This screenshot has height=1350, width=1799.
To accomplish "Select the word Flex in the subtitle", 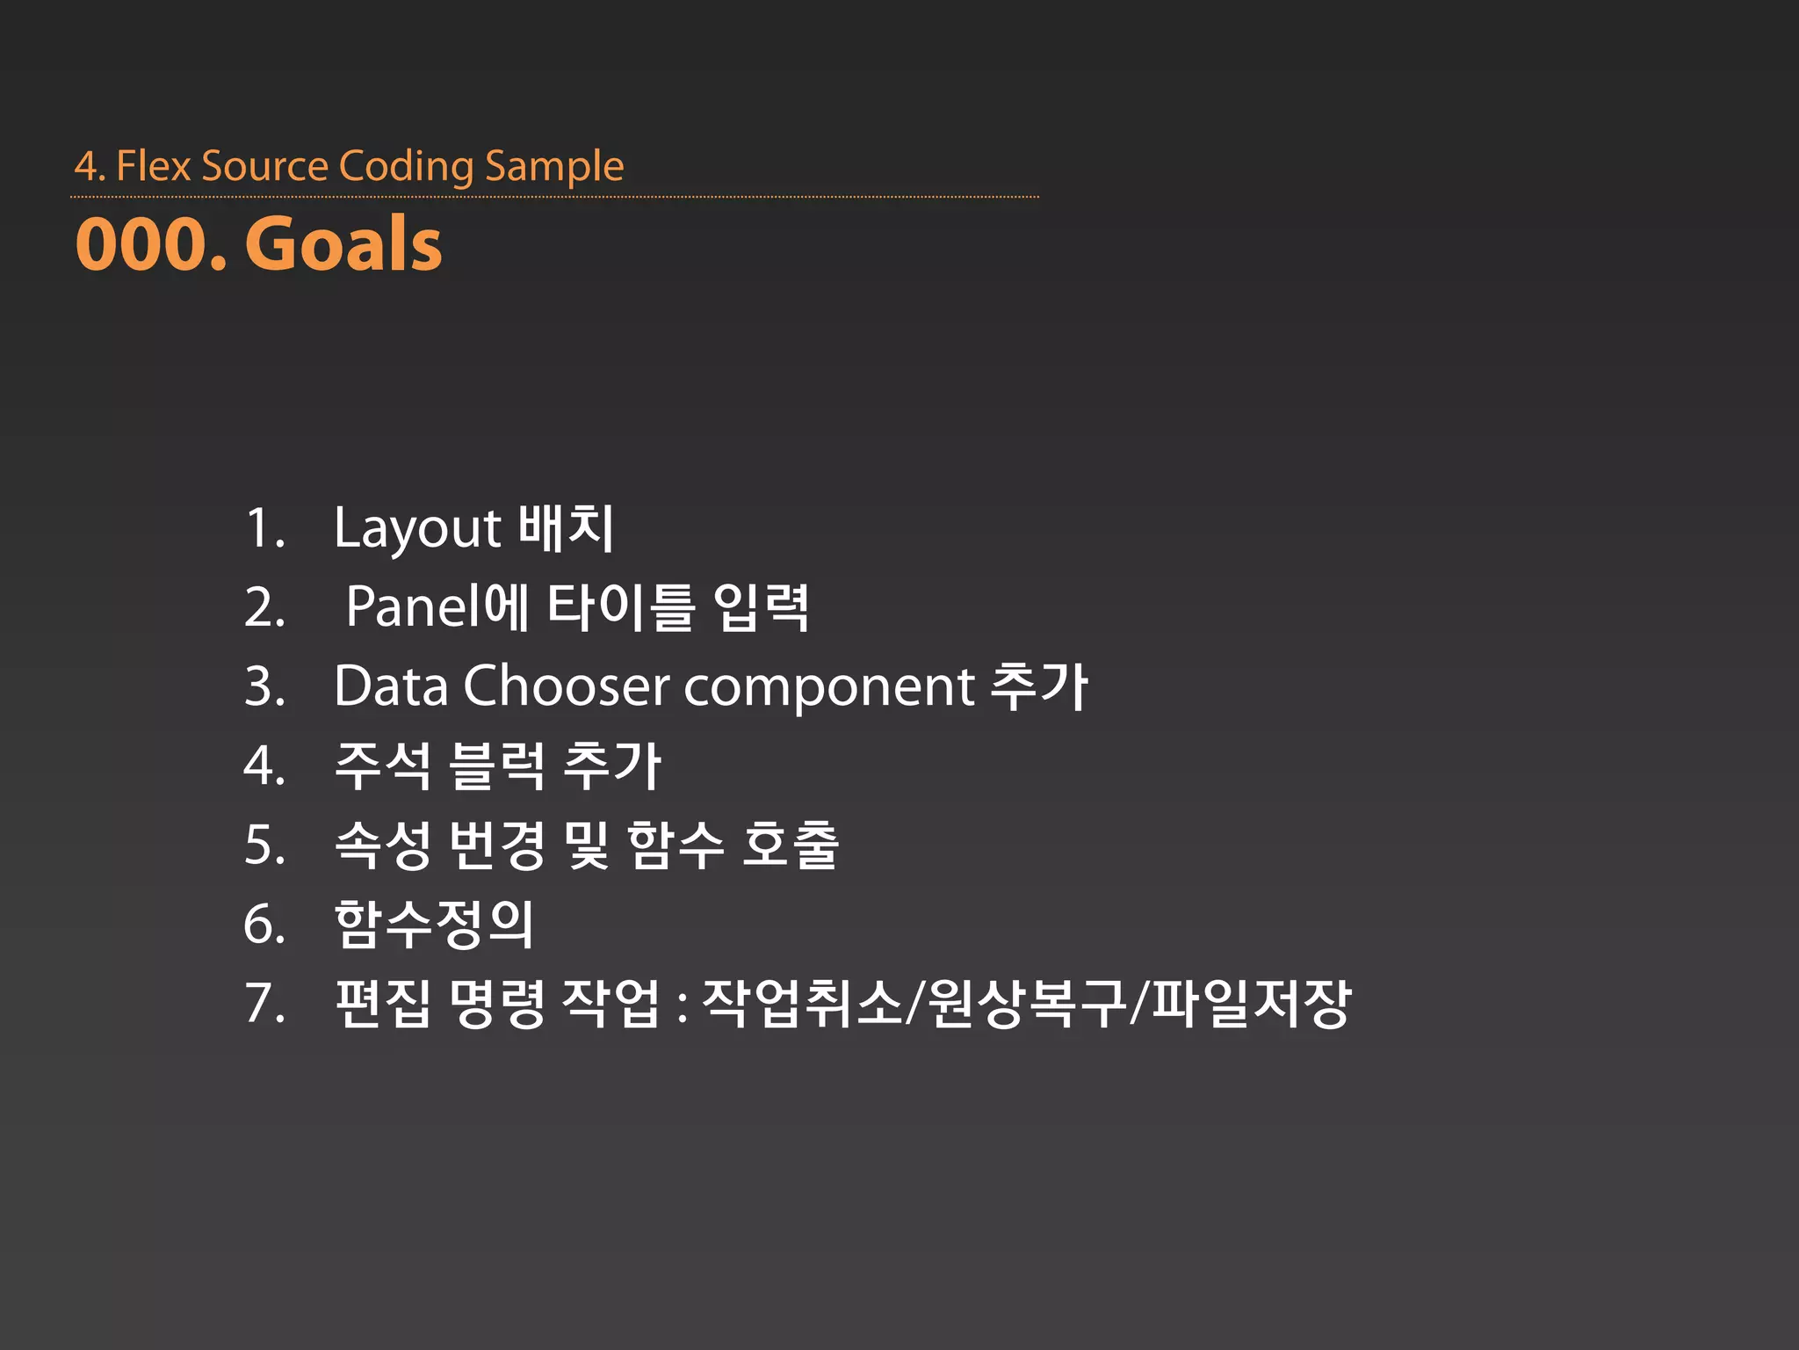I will tap(153, 166).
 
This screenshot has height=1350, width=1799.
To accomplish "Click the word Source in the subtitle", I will tap(264, 166).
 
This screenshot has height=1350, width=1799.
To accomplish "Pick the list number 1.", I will tap(264, 528).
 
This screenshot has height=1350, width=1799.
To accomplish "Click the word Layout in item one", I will tap(417, 529).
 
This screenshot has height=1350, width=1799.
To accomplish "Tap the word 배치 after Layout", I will tap(566, 528).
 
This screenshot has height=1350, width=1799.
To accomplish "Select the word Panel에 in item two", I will tap(437, 607).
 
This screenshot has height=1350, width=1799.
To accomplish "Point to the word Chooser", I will tap(567, 686).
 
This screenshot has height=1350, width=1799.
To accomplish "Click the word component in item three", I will tap(829, 687).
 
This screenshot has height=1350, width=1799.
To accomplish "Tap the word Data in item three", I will tap(391, 686).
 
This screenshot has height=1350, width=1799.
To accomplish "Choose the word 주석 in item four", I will tap(383, 766).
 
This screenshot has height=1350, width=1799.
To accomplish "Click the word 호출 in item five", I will tap(791, 846).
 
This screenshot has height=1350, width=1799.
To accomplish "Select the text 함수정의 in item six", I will tap(435, 925).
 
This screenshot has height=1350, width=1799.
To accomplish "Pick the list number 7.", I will tap(264, 1004).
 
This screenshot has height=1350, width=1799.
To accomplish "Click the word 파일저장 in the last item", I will tap(1251, 1004).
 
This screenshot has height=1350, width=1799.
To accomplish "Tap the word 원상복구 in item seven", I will tap(1027, 1004).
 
